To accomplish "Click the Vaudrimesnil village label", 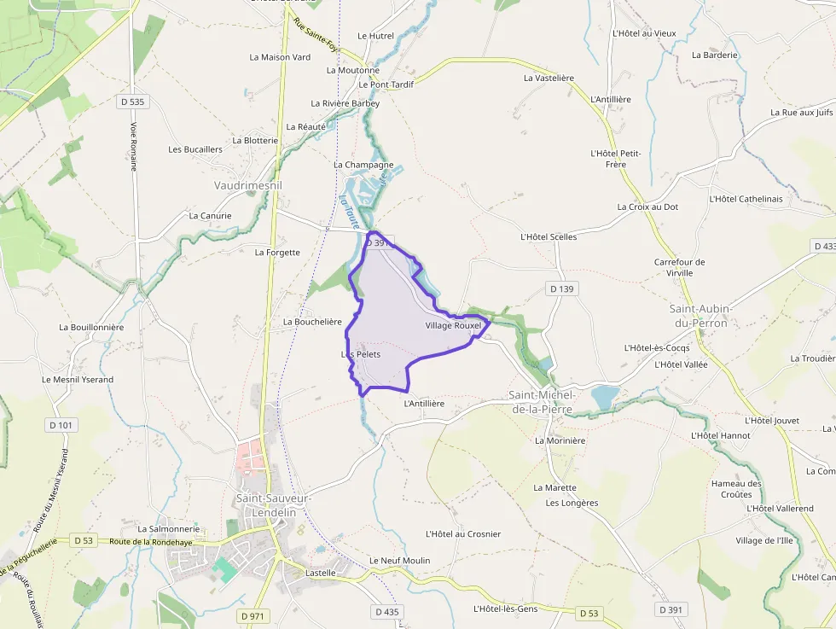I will [x=247, y=184].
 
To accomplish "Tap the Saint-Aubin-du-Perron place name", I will [x=700, y=315].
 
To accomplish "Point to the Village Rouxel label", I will [x=453, y=326].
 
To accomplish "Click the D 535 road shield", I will [x=133, y=102].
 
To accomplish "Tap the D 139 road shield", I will [x=562, y=289].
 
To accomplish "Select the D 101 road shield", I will [x=61, y=424].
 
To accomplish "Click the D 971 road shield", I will [x=253, y=615].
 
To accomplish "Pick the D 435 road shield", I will [x=386, y=612].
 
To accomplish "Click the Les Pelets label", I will [x=361, y=353].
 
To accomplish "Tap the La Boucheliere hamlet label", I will [x=312, y=322].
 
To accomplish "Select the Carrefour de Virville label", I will [x=680, y=267].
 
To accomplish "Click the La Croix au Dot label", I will [x=647, y=207].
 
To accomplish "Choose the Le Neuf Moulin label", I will [x=399, y=560].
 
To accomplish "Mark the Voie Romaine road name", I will [x=134, y=145].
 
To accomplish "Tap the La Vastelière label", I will [x=549, y=78].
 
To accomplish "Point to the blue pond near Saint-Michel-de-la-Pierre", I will [x=605, y=397].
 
